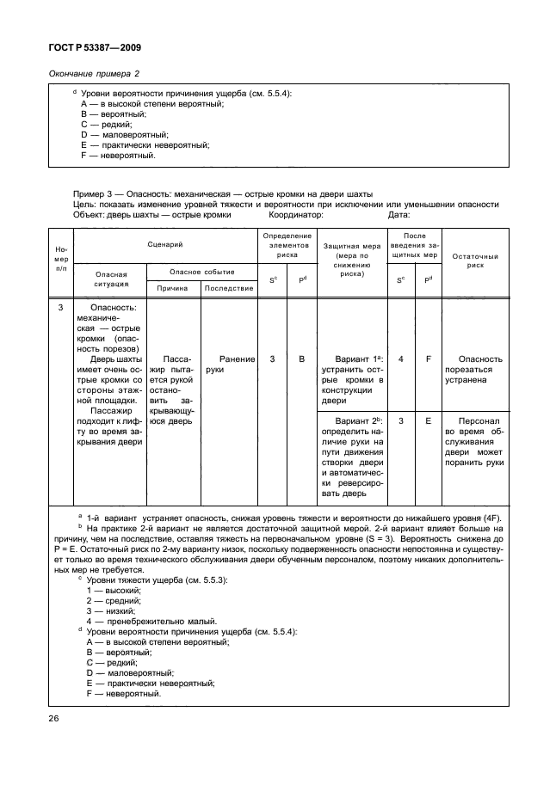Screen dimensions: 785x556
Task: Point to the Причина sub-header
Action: pos(172,288)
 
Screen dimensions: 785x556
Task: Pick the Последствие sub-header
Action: pos(229,288)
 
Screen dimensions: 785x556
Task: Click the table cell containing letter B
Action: pos(302,359)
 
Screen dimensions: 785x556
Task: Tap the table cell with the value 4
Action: pos(401,359)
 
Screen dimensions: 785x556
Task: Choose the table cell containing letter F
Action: pos(428,359)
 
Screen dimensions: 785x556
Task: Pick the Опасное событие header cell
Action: pos(201,271)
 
